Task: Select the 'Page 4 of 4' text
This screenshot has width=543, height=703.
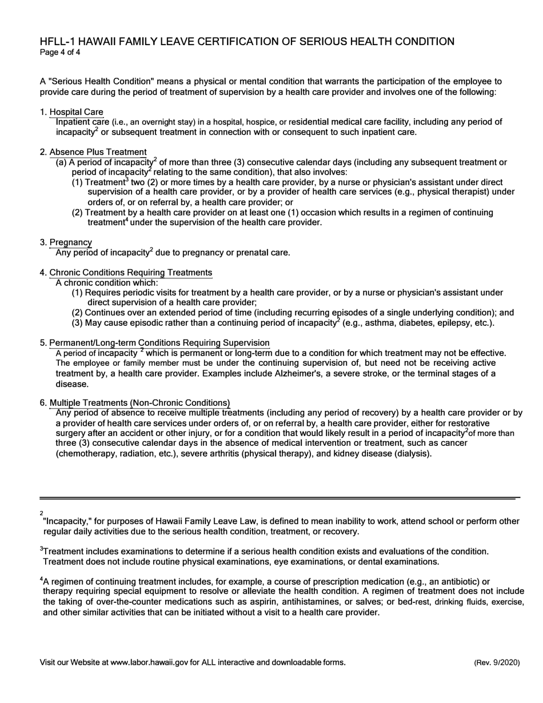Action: (60, 53)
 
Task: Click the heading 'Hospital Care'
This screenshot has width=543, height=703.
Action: (77, 112)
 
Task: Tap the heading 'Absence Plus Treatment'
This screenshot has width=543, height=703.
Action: (98, 152)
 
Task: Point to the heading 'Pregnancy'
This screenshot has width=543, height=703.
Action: (71, 242)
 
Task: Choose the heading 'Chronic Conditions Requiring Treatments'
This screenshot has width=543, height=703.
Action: (131, 273)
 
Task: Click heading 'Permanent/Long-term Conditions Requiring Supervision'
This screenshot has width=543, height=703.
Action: (159, 343)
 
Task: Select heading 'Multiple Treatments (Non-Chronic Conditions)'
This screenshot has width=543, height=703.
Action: (140, 403)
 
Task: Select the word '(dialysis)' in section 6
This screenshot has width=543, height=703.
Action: (411, 454)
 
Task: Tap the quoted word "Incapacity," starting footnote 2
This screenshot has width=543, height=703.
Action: (65, 521)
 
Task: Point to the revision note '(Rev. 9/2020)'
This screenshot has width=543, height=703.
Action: (496, 662)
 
